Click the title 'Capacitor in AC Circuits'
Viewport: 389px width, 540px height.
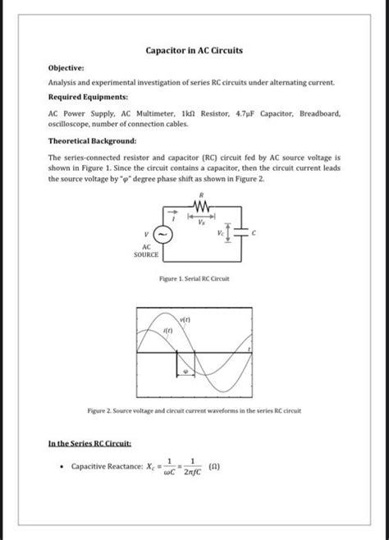pos(194,51)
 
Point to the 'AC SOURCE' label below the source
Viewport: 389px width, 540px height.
pos(146,250)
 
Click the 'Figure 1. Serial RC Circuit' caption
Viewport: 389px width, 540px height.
pos(194,279)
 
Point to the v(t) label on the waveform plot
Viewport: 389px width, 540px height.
pos(185,317)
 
